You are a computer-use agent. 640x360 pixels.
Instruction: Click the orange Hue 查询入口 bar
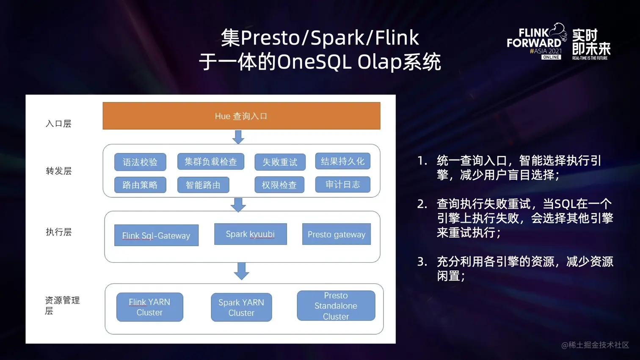coord(241,116)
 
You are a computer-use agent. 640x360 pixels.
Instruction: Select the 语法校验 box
coord(140,162)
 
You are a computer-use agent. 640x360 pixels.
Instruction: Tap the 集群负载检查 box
coord(211,162)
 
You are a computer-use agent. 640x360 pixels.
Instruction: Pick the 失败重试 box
coord(280,162)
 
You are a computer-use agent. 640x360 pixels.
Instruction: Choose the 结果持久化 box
coord(342,161)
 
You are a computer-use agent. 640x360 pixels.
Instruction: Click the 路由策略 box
coord(140,185)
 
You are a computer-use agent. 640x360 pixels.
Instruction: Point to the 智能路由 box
coord(203,185)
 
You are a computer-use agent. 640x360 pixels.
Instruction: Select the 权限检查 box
coord(279,185)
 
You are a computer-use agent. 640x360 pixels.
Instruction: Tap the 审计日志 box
coord(342,184)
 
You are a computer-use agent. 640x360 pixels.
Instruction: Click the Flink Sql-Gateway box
coord(156,235)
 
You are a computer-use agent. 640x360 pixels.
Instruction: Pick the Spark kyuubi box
coord(250,234)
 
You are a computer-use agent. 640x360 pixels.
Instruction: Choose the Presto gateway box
coord(336,234)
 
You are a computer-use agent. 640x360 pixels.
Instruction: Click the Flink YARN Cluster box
coord(149,307)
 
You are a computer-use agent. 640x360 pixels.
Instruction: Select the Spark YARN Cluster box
coord(241,308)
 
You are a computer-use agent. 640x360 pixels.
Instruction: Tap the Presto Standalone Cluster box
coord(336,305)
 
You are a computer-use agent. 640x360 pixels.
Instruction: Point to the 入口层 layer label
coord(58,124)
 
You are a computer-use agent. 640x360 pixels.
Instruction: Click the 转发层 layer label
coord(59,171)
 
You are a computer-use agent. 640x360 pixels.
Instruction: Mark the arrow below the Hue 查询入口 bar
coord(238,137)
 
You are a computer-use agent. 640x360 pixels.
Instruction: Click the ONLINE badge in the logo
coord(551,57)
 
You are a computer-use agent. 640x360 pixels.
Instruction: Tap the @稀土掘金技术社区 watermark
coord(595,345)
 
